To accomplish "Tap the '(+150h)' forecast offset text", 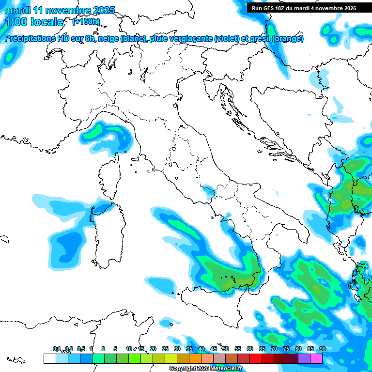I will (x=86, y=21).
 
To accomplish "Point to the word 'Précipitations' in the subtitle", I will (x=31, y=39).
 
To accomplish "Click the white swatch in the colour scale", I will (x=49, y=358).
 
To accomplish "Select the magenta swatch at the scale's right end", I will (x=316, y=358).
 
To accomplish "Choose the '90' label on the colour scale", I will (x=322, y=349).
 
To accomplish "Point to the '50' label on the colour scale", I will (x=225, y=349).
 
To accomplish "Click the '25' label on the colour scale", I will (x=165, y=349).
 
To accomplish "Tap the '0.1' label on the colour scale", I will (x=57, y=349).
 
